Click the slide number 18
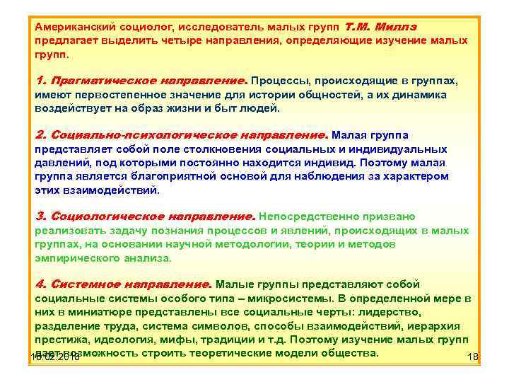pos(473,358)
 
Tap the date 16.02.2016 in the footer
pos(56,358)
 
